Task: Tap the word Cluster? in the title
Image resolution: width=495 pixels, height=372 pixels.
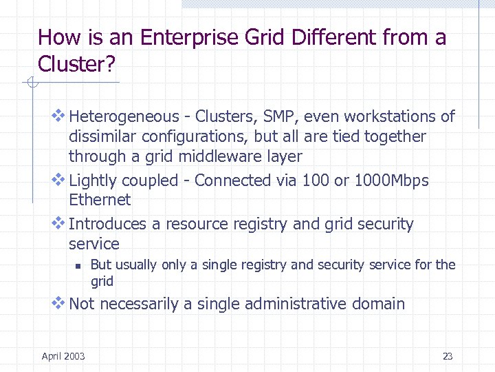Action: [77, 64]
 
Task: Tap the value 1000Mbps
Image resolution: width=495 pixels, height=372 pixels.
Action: [391, 180]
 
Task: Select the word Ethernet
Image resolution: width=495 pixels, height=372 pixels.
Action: [100, 200]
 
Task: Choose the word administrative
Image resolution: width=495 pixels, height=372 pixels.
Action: [296, 304]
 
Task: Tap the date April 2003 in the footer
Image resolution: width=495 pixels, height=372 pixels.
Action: [63, 356]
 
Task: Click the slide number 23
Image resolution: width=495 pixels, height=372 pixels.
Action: [448, 356]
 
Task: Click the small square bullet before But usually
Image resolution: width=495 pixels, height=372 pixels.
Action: [79, 265]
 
